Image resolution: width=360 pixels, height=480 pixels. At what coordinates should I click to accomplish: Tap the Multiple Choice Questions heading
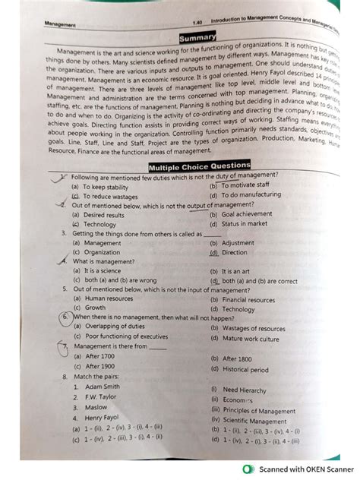click(199, 166)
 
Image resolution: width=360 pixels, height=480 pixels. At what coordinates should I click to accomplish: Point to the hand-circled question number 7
click(66, 347)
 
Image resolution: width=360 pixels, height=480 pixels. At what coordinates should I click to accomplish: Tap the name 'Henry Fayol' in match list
click(106, 418)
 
